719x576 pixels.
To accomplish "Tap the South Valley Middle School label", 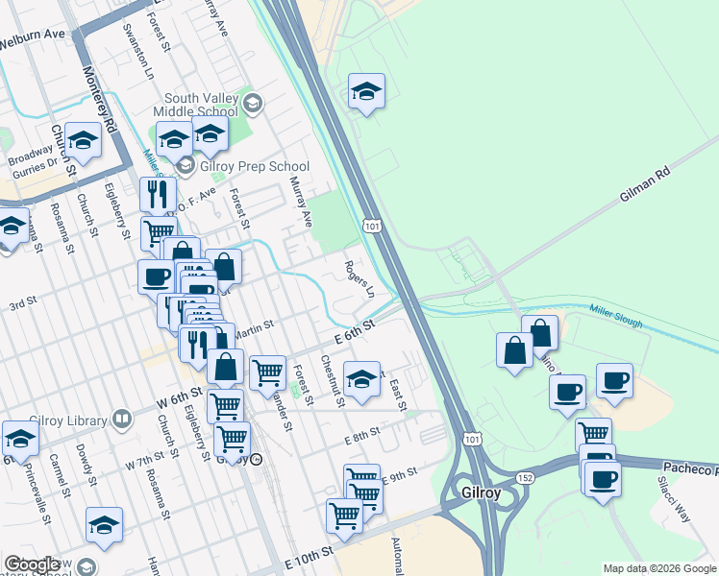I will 208,104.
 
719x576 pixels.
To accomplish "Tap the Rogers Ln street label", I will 357,278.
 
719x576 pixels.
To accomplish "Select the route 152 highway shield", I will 524,476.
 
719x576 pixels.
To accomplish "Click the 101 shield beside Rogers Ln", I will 372,225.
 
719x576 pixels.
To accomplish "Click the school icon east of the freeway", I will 365,92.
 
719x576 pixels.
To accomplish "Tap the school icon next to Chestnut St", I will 360,379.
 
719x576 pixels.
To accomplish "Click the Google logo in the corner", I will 31,565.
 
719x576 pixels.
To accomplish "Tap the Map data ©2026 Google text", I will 658,568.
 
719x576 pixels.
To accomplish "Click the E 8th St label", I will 363,437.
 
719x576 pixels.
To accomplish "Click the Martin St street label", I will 252,327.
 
